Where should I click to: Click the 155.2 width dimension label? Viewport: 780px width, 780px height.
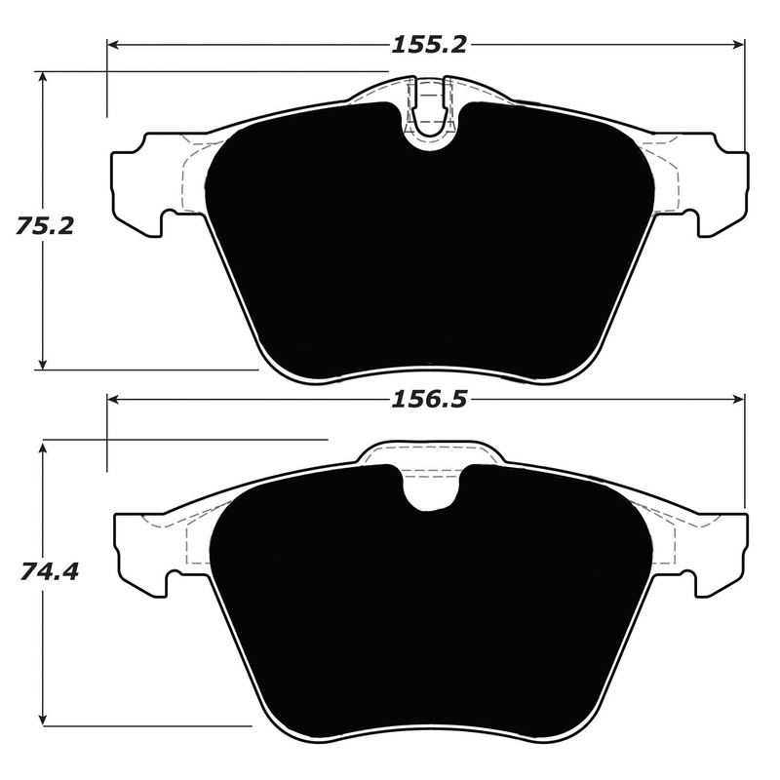430,45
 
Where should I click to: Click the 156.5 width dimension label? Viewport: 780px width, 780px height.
430,400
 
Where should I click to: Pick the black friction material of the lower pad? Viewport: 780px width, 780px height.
429,614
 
